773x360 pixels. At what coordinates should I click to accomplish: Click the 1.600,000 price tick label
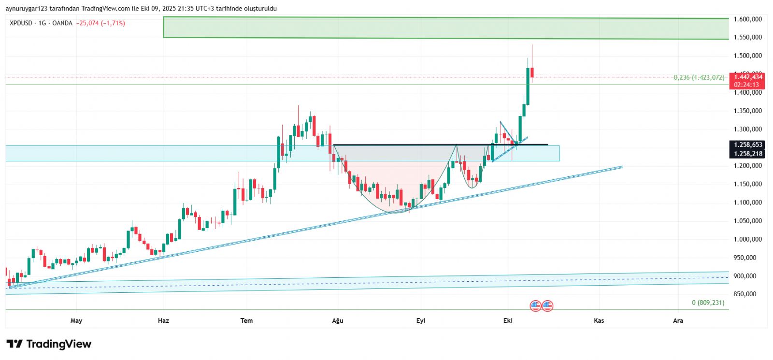click(x=747, y=19)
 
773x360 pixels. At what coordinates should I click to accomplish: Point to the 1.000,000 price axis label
click(x=747, y=239)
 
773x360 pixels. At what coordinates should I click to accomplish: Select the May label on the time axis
click(x=76, y=320)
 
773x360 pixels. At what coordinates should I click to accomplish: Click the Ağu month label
click(x=338, y=320)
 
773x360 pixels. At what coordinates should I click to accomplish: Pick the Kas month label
click(x=599, y=320)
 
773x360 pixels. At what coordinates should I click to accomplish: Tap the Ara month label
click(x=678, y=320)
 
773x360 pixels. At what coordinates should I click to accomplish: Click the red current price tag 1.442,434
click(x=748, y=77)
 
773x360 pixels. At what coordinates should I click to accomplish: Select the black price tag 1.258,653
click(x=748, y=144)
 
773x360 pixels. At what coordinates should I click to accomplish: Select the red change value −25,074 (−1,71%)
click(x=100, y=23)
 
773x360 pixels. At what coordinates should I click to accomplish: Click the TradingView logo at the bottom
click(x=49, y=344)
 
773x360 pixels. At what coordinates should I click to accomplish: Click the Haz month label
click(x=164, y=320)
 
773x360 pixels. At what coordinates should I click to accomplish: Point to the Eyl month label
click(x=421, y=320)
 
